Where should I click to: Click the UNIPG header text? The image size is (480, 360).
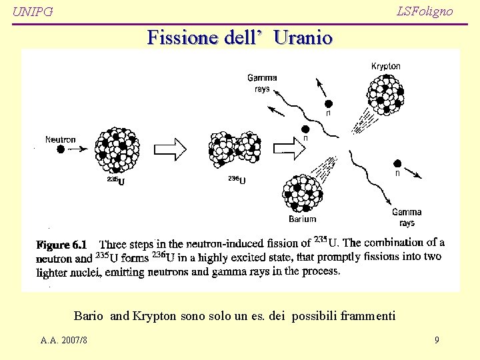[33, 12]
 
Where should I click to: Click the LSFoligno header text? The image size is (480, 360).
[424, 11]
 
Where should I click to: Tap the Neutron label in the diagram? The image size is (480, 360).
[61, 139]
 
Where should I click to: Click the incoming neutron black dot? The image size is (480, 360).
[61, 150]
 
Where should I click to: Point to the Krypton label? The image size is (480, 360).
[386, 66]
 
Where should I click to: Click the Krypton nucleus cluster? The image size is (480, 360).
[384, 93]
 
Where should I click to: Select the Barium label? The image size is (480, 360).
[303, 219]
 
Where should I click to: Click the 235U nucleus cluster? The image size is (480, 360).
[117, 151]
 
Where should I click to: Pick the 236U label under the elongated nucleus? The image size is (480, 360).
[237, 179]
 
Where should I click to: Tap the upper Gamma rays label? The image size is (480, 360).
[262, 83]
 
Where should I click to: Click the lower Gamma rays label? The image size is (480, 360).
[407, 217]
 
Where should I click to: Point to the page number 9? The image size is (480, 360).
[437, 340]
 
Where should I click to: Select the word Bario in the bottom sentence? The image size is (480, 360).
[88, 315]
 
